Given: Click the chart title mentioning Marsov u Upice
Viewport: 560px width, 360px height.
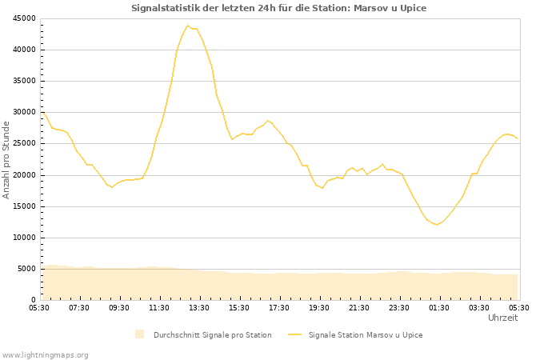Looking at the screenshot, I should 279,8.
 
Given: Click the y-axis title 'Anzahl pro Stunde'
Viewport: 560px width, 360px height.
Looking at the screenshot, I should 6,159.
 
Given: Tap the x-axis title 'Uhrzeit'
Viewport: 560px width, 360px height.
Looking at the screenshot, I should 502,318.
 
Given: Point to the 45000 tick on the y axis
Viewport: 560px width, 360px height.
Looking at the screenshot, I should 24,18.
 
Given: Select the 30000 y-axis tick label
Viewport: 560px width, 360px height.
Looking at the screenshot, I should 24,112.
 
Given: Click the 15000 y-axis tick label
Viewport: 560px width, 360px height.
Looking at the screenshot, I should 24,206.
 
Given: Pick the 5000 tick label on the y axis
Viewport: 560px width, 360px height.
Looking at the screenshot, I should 26,269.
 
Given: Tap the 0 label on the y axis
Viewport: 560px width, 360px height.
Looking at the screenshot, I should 34,300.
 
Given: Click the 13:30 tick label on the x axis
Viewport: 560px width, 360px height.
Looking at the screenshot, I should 199,307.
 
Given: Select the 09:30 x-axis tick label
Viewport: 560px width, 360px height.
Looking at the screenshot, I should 119,307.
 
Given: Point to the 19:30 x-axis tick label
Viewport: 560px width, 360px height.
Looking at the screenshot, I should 319,307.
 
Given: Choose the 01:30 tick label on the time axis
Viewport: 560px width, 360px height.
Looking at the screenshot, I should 439,307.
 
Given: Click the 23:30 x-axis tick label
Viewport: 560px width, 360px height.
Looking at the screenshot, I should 399,307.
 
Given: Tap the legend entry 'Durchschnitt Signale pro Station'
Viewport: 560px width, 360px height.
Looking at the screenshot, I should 212,334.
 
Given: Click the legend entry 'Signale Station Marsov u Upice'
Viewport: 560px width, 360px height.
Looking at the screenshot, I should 365,334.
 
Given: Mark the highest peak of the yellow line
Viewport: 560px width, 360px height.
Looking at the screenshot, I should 188,26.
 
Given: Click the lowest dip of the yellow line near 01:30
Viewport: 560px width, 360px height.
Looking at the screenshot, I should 436,225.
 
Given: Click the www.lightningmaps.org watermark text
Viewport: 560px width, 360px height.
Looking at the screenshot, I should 45,354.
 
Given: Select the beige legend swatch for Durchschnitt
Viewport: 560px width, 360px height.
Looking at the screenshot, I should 139,334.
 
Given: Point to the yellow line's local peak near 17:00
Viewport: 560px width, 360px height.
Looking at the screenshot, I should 268,121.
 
